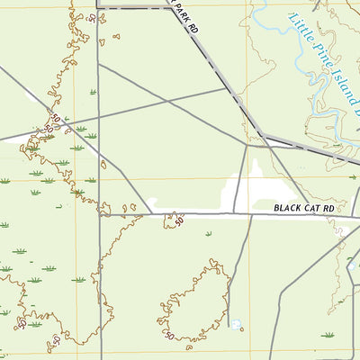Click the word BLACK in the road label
pos(285,209)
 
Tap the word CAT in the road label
pos(311,209)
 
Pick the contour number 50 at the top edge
pos(92,15)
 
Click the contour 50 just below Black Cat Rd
pos(178,220)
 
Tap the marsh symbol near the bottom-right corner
pos(328,335)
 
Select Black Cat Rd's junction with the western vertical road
pos(98,215)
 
